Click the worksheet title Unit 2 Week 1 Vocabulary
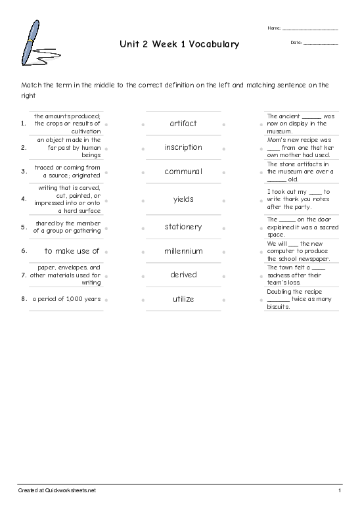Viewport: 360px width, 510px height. pyautogui.click(x=179, y=45)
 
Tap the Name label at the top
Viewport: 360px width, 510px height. pyautogui.click(x=274, y=28)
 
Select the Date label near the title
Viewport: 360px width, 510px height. pyautogui.click(x=295, y=42)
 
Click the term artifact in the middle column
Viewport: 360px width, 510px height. pyautogui.click(x=183, y=124)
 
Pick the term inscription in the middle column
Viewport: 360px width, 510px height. pyautogui.click(x=183, y=147)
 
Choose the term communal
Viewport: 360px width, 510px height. pyautogui.click(x=183, y=172)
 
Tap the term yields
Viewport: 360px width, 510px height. pyautogui.click(x=183, y=198)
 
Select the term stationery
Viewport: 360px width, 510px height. pyautogui.click(x=183, y=227)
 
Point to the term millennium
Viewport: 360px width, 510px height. pyautogui.click(x=183, y=251)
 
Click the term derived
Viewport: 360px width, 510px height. pyautogui.click(x=183, y=275)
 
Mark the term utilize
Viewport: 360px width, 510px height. pyautogui.click(x=183, y=299)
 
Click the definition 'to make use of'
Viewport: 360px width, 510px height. pyautogui.click(x=72, y=251)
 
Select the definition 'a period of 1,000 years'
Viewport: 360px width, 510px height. pyautogui.click(x=66, y=299)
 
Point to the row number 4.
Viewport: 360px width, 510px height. pyautogui.click(x=24, y=198)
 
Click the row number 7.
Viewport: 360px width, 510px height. pyautogui.click(x=24, y=275)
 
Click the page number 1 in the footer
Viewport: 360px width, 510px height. pyautogui.click(x=340, y=491)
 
